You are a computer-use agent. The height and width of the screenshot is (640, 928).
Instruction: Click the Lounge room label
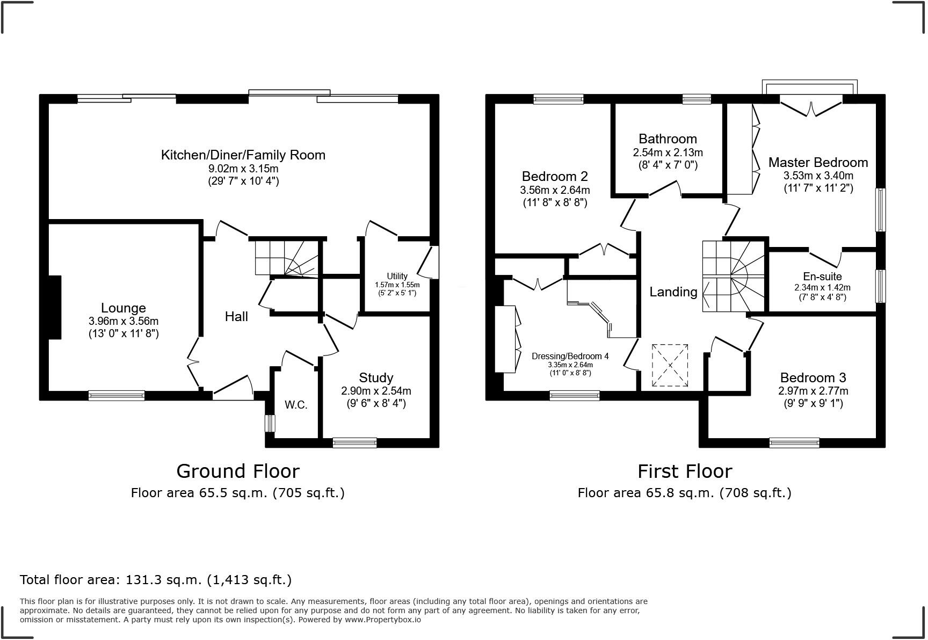click(124, 308)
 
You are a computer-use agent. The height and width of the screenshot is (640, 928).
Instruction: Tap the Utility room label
click(397, 276)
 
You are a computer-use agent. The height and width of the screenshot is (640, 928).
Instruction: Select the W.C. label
click(296, 405)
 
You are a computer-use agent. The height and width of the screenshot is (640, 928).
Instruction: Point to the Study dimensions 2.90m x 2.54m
click(376, 391)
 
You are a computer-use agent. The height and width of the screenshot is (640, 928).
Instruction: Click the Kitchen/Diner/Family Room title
click(243, 155)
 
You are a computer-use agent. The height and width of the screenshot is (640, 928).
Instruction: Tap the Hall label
click(236, 317)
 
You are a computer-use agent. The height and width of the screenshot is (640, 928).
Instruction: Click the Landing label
click(673, 292)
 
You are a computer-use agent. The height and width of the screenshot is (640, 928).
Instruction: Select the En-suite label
click(822, 277)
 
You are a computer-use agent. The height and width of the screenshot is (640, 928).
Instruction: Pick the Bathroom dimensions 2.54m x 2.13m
click(668, 153)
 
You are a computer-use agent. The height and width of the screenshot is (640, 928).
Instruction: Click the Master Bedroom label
click(818, 163)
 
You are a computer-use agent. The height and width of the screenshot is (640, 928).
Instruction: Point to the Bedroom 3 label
click(813, 378)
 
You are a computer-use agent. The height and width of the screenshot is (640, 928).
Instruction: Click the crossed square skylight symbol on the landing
click(670, 365)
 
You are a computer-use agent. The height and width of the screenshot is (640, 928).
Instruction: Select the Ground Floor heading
click(237, 471)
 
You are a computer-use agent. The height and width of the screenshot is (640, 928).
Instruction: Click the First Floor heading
click(684, 471)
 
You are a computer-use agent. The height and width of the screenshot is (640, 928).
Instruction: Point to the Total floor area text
click(156, 580)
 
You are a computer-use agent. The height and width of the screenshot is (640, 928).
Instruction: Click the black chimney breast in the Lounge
click(55, 307)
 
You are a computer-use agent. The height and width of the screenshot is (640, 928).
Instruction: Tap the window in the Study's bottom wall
click(354, 443)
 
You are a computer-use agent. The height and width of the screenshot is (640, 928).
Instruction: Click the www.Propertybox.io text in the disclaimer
click(382, 620)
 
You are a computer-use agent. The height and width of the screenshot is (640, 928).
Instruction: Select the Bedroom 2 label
click(555, 177)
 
